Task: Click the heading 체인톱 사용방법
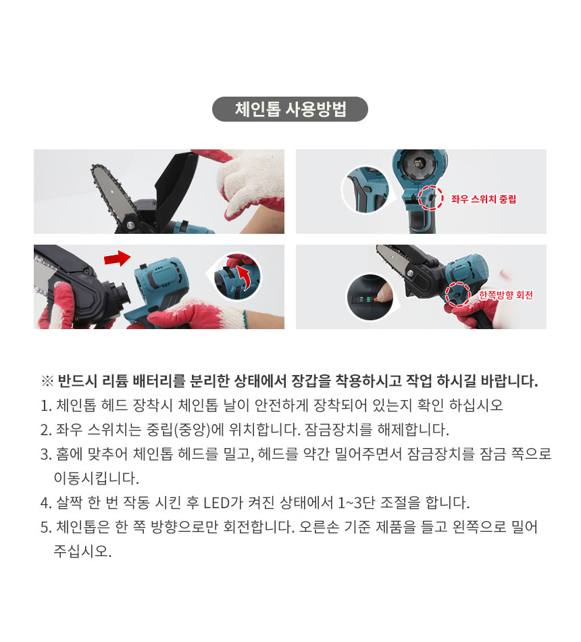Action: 290,109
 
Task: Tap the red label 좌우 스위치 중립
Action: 483,199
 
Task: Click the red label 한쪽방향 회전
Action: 505,295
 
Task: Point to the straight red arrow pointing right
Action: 117,258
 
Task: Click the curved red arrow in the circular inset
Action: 245,277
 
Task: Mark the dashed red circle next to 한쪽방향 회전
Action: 457,294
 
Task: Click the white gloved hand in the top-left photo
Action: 250,182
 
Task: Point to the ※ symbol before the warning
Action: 47,381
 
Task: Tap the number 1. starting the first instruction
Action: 46,405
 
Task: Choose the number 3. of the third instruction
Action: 46,454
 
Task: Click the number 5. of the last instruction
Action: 46,527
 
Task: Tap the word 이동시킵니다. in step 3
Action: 97,478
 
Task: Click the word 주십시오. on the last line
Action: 82,551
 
